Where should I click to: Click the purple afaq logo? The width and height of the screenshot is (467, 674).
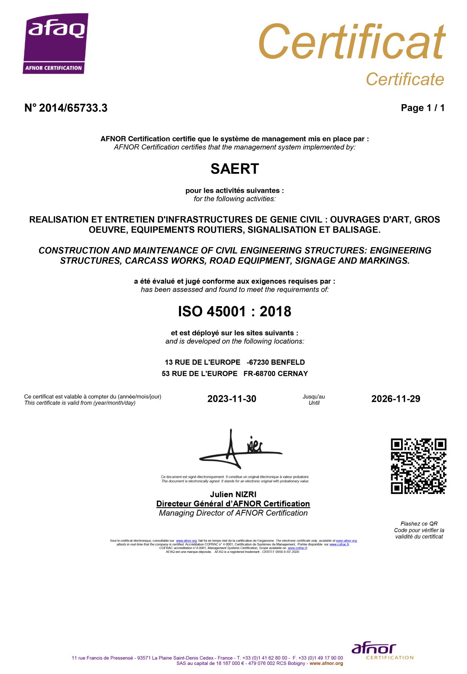(55, 43)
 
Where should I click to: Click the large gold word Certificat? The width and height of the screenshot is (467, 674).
(352, 42)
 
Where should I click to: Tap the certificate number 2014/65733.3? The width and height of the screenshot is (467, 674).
(66, 108)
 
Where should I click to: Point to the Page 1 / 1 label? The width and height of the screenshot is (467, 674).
(422, 108)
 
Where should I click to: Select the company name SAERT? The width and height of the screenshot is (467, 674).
(234, 169)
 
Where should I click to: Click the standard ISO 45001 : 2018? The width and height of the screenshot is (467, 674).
(234, 312)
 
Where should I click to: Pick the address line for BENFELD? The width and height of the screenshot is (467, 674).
(234, 362)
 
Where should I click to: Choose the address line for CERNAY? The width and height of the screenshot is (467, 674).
(234, 374)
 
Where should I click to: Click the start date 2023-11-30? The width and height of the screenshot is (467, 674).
(232, 399)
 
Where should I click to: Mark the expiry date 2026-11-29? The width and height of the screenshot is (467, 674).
(395, 399)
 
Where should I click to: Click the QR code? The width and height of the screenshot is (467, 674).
(418, 466)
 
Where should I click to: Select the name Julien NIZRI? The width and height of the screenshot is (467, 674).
(233, 494)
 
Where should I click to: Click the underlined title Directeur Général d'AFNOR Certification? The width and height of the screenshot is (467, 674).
(233, 504)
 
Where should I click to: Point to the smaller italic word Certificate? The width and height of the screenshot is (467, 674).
(405, 79)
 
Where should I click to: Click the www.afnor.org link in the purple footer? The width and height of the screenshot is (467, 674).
(326, 663)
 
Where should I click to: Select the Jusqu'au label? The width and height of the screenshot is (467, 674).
(314, 397)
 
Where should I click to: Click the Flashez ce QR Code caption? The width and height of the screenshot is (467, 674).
(419, 530)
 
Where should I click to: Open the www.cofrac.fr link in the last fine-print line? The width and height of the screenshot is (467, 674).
(297, 548)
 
